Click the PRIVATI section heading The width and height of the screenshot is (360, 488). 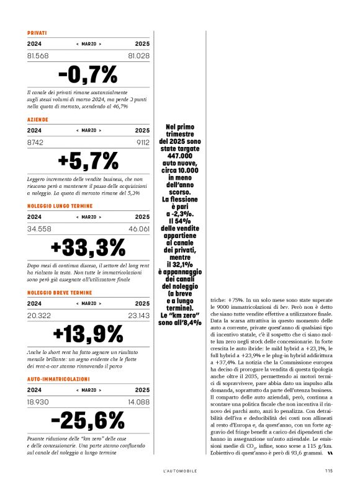pyautogui.click(x=37, y=33)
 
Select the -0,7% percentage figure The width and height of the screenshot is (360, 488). pyautogui.click(x=88, y=75)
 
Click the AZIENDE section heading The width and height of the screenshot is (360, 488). pyautogui.click(x=38, y=119)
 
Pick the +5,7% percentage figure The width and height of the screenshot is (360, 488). pyautogui.click(x=88, y=161)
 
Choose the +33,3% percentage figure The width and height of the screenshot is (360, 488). pyautogui.click(x=88, y=247)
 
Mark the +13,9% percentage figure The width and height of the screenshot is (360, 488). pyautogui.click(x=88, y=334)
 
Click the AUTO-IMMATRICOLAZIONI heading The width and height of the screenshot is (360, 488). pyautogui.click(x=58, y=378)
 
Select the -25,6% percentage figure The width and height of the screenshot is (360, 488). pyautogui.click(x=88, y=420)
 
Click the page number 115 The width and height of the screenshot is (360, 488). pyautogui.click(x=328, y=470)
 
